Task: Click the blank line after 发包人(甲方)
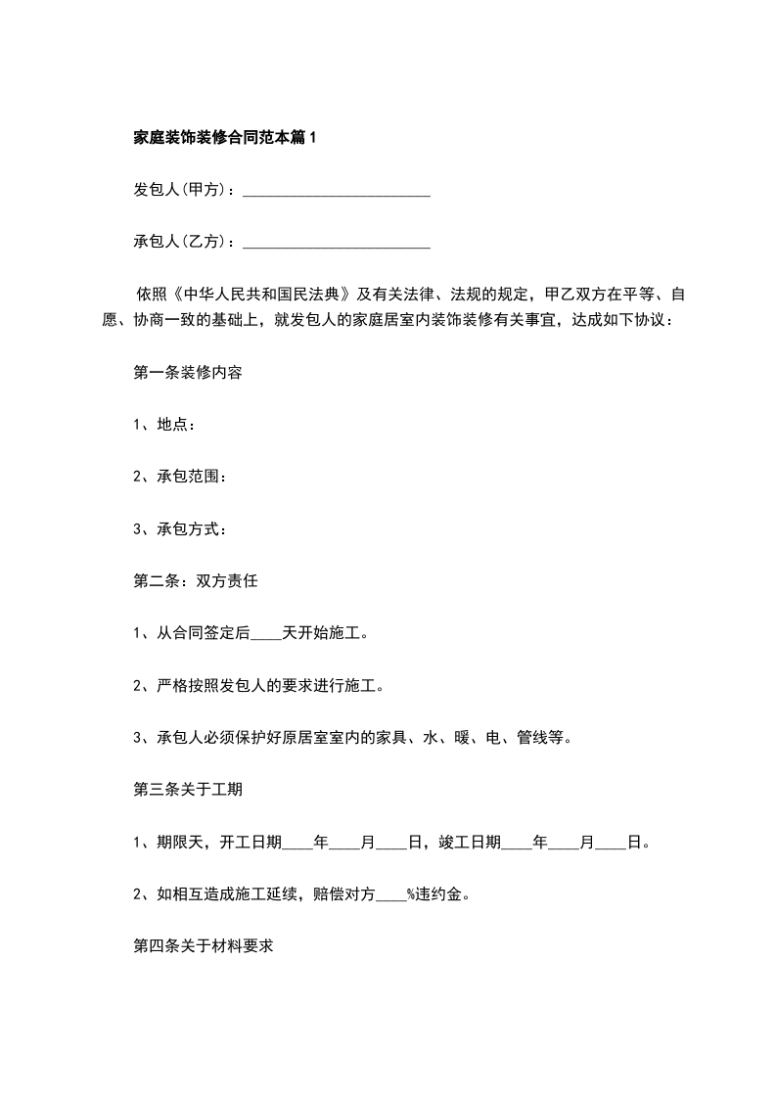click(x=336, y=190)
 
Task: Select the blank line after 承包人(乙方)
click(x=336, y=241)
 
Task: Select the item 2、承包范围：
click(x=179, y=477)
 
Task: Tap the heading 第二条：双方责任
click(x=195, y=581)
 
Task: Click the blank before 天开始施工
click(x=266, y=634)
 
